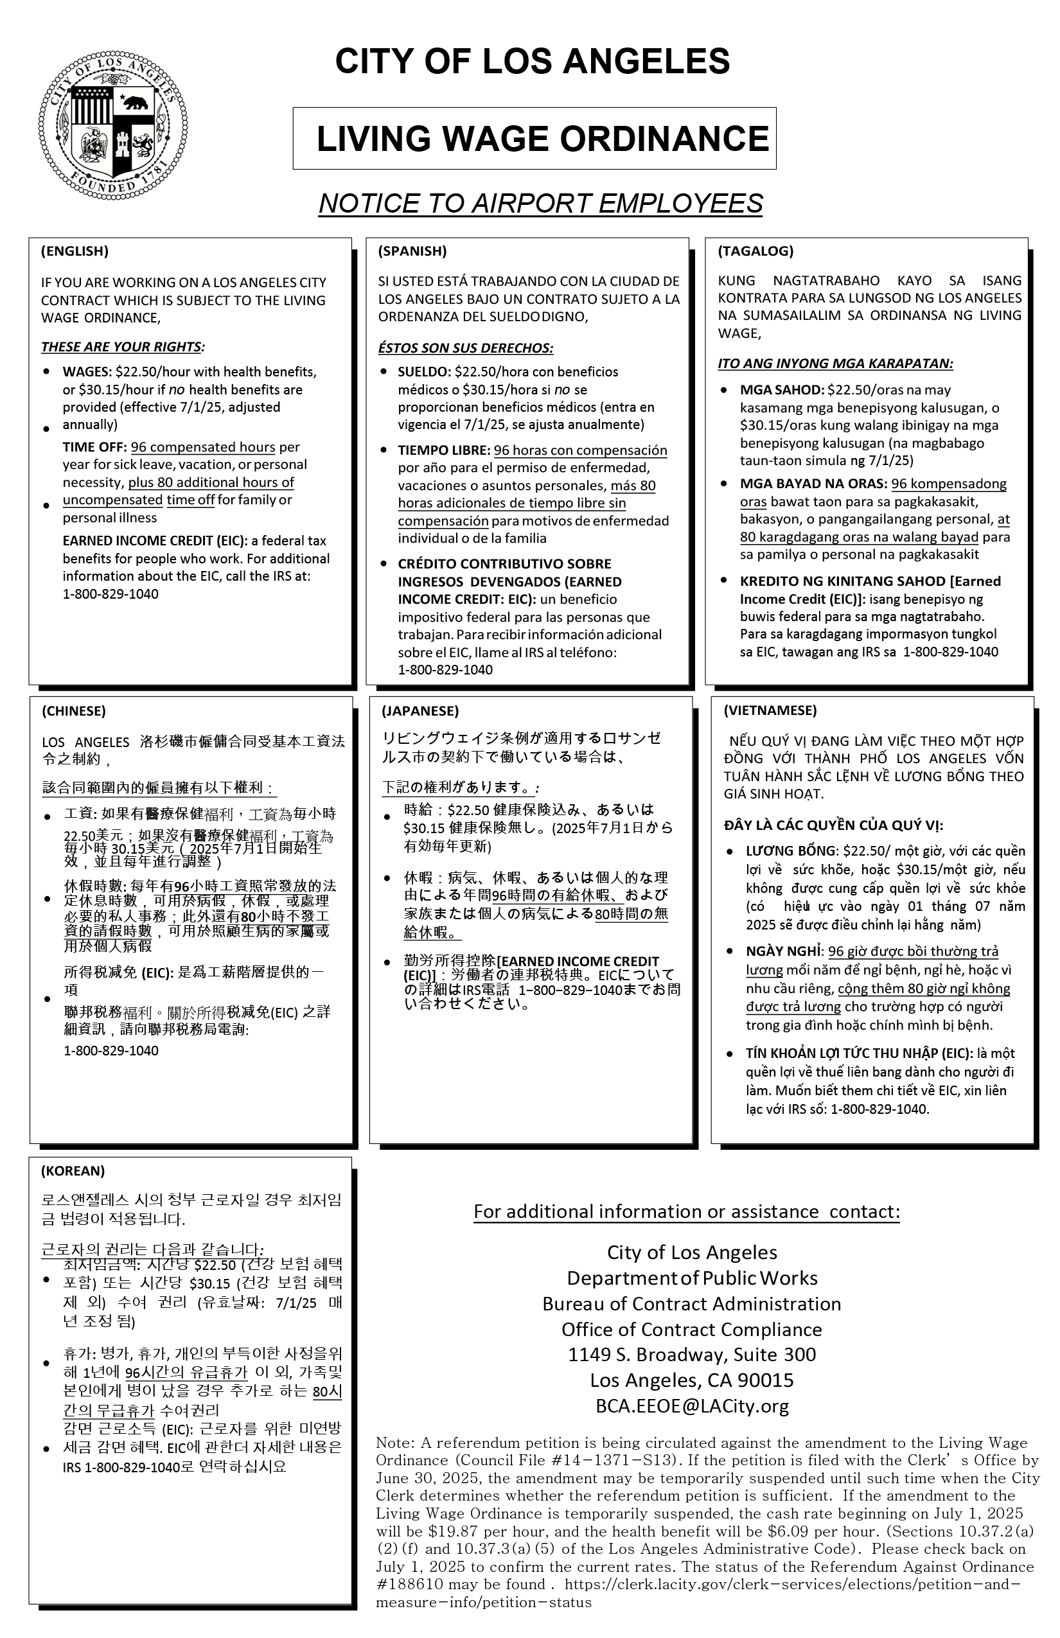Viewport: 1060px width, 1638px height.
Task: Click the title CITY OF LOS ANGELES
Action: click(x=532, y=61)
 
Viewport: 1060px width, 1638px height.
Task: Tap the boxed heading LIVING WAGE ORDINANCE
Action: click(x=542, y=138)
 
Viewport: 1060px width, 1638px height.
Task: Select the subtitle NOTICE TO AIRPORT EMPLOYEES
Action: click(x=540, y=203)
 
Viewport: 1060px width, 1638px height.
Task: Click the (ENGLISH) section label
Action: click(x=75, y=251)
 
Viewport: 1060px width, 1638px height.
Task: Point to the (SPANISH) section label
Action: click(x=412, y=251)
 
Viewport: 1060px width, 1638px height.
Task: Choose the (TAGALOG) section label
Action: click(x=755, y=251)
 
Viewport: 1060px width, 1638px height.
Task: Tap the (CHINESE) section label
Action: click(x=74, y=711)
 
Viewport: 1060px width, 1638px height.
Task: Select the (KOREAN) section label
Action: click(x=72, y=1170)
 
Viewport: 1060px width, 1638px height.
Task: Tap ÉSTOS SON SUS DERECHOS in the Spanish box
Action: click(x=465, y=348)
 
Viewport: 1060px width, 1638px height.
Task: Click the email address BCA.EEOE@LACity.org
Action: click(x=692, y=1406)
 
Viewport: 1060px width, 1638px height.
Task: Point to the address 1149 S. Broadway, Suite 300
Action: click(x=692, y=1355)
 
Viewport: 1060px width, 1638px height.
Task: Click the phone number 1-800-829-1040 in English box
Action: click(x=110, y=594)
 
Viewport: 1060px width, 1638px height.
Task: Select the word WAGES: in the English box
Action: click(x=87, y=373)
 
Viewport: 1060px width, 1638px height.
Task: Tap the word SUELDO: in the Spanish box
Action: click(x=424, y=373)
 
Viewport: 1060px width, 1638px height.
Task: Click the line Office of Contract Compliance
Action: click(x=692, y=1329)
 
